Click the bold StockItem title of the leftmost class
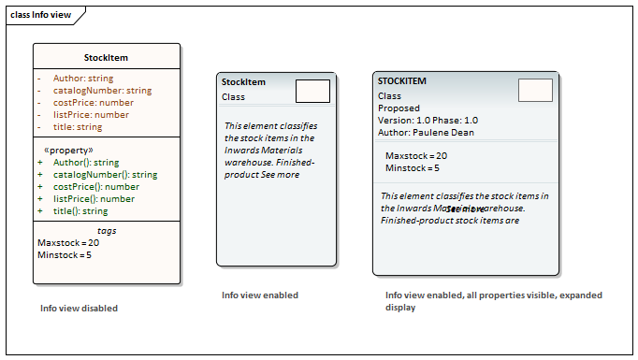tap(106, 57)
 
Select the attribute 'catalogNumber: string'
tap(102, 91)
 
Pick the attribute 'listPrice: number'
tap(91, 115)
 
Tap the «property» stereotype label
tap(68, 150)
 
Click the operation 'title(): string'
tap(80, 211)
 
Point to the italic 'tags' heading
tap(107, 230)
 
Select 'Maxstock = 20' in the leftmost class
tap(68, 243)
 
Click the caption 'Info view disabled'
tap(79, 309)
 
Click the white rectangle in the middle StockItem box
tap(312, 91)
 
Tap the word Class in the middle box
tap(233, 96)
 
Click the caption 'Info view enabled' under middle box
tap(260, 295)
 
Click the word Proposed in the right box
tap(399, 108)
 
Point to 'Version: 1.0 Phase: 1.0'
tap(428, 121)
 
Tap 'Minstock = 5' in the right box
tap(412, 168)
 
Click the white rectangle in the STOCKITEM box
tap(535, 90)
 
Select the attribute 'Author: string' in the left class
tap(83, 79)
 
